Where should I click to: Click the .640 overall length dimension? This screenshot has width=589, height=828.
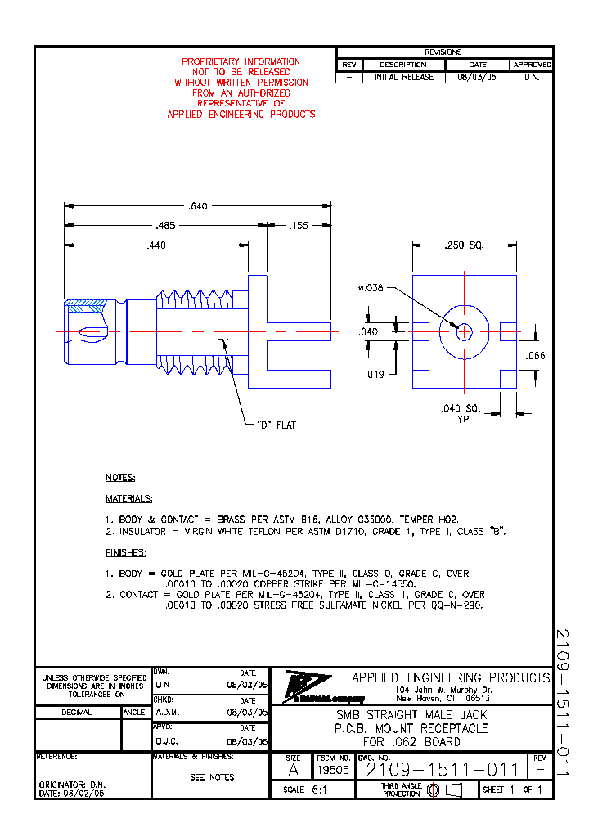click(x=197, y=206)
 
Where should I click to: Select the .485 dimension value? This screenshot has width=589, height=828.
click(x=166, y=225)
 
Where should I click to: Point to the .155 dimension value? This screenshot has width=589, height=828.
click(x=299, y=225)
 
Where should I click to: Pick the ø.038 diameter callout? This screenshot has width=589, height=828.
click(x=371, y=287)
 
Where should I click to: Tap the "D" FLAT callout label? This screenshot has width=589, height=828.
click(x=277, y=425)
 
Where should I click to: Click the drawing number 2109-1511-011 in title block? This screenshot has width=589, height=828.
click(x=442, y=770)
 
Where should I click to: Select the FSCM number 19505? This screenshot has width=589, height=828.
click(x=333, y=770)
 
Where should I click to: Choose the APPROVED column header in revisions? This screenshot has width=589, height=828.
click(x=532, y=65)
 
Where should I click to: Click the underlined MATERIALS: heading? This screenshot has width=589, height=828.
click(x=128, y=498)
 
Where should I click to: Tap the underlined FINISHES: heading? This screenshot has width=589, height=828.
click(x=125, y=552)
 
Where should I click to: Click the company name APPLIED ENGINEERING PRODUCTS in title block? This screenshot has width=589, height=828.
click(x=451, y=677)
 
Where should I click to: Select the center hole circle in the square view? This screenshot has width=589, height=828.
click(x=464, y=331)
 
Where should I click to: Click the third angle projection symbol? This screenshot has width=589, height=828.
click(x=443, y=790)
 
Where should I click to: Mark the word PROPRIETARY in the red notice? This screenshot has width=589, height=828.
click(x=209, y=61)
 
